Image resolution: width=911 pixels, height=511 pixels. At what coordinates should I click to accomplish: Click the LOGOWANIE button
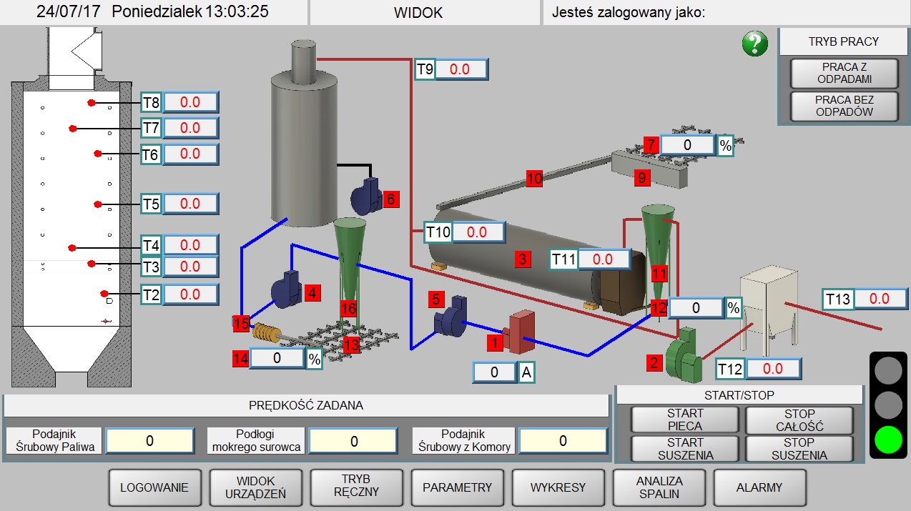coord(154,487)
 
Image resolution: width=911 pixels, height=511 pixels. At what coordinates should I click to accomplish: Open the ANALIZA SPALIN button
coord(659,487)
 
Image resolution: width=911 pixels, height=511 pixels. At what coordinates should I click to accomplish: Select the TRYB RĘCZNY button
coord(356,487)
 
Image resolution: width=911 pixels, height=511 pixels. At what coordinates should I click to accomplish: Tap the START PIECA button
coord(685,420)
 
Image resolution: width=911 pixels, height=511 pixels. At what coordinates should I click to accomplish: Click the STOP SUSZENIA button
coord(799,449)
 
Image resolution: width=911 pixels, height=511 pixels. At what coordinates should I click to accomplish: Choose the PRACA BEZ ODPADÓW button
coord(844,106)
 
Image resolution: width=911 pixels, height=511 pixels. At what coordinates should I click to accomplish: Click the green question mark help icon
coord(754,44)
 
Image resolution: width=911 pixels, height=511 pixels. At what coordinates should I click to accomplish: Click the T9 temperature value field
coord(461,70)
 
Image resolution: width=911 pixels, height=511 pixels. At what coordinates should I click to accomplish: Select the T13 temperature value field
coord(881,299)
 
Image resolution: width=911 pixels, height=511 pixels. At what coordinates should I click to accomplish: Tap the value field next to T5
coord(190,204)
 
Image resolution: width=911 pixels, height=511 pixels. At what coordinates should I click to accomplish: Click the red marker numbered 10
coord(534,179)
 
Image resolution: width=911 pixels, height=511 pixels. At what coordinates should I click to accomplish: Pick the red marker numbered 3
coord(523,259)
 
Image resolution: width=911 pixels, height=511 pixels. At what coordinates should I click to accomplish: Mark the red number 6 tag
coord(390,199)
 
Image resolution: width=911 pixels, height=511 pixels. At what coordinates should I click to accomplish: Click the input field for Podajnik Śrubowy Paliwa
coord(149,441)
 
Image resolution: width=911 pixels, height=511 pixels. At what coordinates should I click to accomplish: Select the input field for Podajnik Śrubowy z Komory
coord(563,441)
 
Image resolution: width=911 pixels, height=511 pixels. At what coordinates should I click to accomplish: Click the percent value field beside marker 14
coord(277,358)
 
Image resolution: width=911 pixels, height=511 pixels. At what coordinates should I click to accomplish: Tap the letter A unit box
coord(526,372)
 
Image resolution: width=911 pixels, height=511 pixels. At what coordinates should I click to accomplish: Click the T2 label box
coord(150,294)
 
